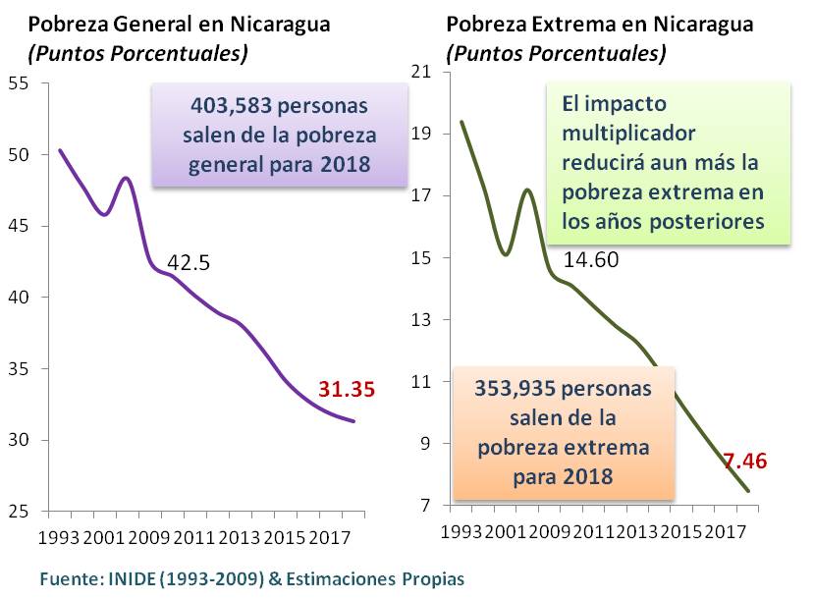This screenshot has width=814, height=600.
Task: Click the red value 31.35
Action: [x=347, y=389]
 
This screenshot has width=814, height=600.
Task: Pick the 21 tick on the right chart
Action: [x=423, y=71]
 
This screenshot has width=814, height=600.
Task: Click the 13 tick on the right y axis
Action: [x=423, y=319]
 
